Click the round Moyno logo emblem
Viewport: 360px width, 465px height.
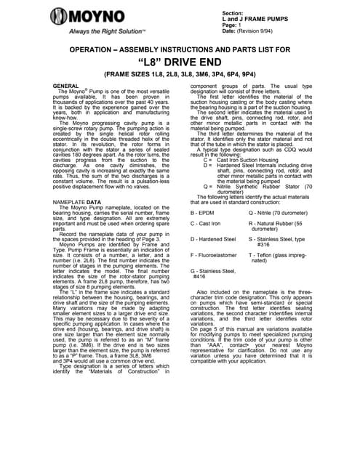[x=57, y=17]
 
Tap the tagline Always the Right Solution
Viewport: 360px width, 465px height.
[x=105, y=33]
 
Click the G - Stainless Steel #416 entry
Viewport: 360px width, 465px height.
[x=213, y=274]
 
